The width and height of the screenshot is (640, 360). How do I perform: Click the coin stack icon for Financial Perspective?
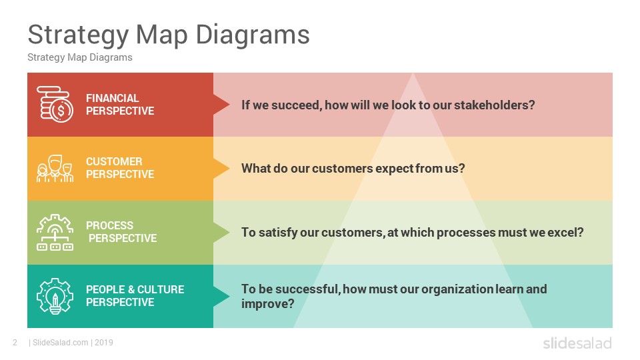(x=55, y=104)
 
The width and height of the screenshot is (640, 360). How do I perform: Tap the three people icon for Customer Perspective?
(x=55, y=168)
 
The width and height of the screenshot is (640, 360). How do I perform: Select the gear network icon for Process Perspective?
(x=55, y=232)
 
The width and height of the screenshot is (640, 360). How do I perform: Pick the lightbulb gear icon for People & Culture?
(x=55, y=296)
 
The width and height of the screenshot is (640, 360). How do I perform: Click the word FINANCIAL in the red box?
(x=112, y=98)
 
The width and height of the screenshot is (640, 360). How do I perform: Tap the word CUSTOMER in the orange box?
(x=114, y=161)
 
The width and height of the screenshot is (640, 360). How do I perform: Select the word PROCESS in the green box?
(x=109, y=225)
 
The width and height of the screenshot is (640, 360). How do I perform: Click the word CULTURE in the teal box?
(x=161, y=289)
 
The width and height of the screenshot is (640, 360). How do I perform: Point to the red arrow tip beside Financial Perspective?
(x=229, y=105)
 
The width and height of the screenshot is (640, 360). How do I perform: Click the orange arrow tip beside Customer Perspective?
(x=229, y=169)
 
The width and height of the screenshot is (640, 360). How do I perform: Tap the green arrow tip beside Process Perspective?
(x=229, y=232)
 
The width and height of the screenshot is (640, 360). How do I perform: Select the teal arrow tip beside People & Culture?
(x=229, y=296)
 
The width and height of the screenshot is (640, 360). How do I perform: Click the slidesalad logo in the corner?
(x=577, y=343)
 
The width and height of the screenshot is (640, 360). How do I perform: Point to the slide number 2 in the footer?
(x=15, y=343)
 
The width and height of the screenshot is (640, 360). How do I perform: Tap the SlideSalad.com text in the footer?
(x=61, y=343)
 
